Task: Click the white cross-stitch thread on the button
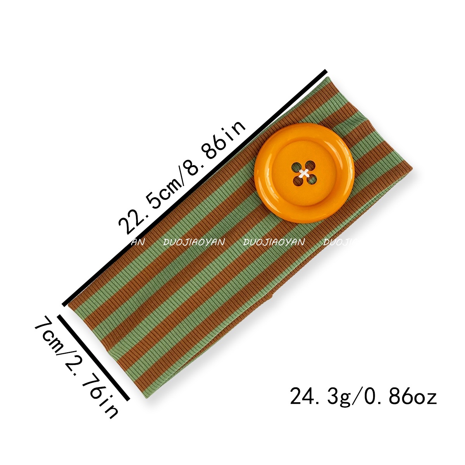(304, 173)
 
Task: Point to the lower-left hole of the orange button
(298, 181)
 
